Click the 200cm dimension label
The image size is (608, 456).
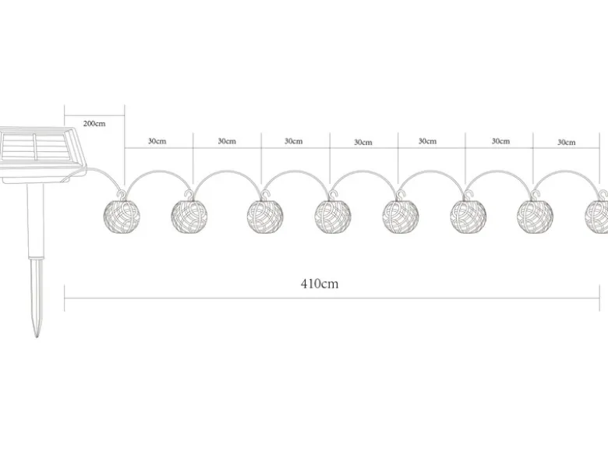pyautogui.click(x=94, y=124)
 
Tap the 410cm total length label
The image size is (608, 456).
pyautogui.click(x=320, y=284)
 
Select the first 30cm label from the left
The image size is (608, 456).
pyautogui.click(x=157, y=141)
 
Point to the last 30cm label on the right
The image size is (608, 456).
pyautogui.click(x=567, y=143)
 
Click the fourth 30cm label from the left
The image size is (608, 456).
pyautogui.click(x=363, y=143)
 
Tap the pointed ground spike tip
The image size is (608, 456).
pyautogui.click(x=37, y=336)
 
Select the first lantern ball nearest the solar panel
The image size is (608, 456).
pyautogui.click(x=122, y=217)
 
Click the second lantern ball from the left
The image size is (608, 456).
pyautogui.click(x=189, y=217)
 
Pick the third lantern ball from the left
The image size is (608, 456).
pyautogui.click(x=265, y=217)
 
